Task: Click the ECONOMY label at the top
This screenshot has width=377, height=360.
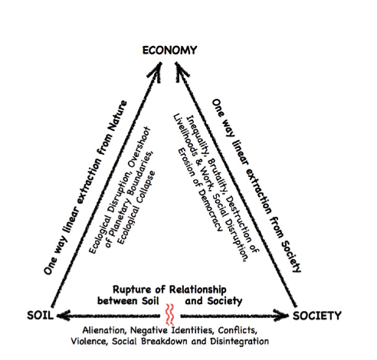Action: point(169,51)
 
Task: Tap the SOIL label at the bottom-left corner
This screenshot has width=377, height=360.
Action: point(41,316)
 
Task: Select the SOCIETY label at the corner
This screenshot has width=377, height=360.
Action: point(317,316)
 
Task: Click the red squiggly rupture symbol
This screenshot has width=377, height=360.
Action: point(169,314)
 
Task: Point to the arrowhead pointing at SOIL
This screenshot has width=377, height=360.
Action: point(64,316)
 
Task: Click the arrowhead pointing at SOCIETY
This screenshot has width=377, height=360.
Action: point(281,316)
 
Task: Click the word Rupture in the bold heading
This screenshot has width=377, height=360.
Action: point(129,290)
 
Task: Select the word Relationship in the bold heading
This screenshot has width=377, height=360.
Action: point(198,290)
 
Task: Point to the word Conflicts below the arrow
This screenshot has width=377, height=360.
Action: point(238,330)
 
